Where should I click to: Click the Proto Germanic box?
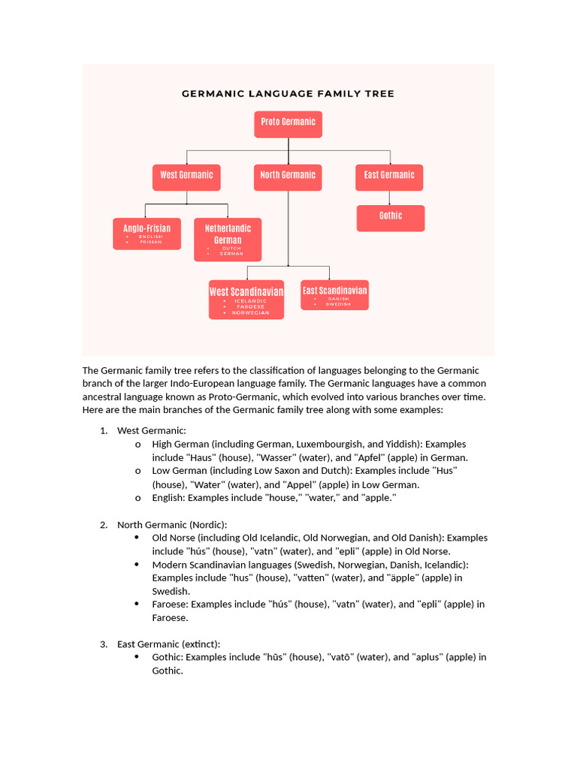point(288,124)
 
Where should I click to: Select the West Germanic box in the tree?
point(186,177)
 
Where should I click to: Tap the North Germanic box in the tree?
point(288,177)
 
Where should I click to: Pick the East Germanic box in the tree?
point(389,177)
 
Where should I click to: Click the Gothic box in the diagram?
point(390,218)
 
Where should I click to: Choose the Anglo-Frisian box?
point(147,234)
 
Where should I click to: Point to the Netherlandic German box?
point(228,239)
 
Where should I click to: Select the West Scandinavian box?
point(246,300)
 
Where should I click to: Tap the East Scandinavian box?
point(334,295)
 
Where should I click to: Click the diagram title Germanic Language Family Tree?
point(288,94)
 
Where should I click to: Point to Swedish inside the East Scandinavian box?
point(338,305)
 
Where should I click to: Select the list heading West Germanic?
point(151,430)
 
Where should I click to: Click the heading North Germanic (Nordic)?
point(171,524)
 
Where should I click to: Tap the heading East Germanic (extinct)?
point(168,644)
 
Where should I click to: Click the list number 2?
point(104,524)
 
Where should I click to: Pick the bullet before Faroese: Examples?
point(137,604)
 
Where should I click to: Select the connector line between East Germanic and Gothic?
point(389,198)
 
